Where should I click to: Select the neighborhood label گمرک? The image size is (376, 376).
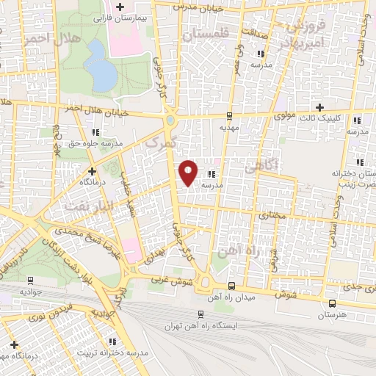click(x=162, y=142)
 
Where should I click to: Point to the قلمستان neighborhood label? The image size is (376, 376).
click(x=205, y=35)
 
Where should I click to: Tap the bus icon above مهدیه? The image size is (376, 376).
click(x=230, y=115)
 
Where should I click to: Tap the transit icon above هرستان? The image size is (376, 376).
click(x=332, y=303)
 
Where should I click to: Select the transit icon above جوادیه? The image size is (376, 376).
click(x=31, y=279)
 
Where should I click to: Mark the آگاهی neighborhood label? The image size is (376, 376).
click(x=261, y=167)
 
